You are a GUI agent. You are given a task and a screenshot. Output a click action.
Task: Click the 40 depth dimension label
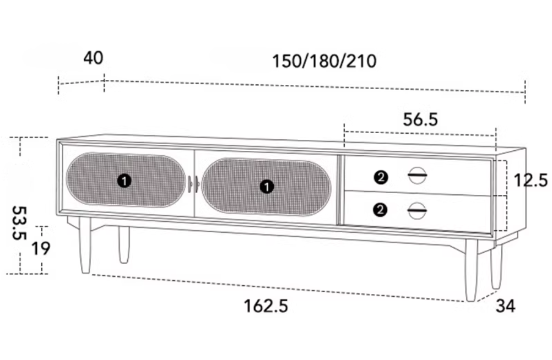pyautogui.click(x=93, y=58)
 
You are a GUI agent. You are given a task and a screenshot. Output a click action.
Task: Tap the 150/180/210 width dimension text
pyautogui.click(x=324, y=61)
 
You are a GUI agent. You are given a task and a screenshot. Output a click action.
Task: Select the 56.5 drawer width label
pyautogui.click(x=420, y=119)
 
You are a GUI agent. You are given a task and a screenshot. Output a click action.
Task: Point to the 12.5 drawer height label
pyautogui.click(x=531, y=180)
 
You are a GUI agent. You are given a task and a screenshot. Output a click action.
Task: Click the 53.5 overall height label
pyautogui.click(x=19, y=223)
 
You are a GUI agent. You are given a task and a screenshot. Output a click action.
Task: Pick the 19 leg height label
pyautogui.click(x=41, y=248)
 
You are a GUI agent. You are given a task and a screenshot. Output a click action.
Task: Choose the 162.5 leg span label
pyautogui.click(x=266, y=306)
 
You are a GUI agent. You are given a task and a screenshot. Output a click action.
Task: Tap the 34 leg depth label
pyautogui.click(x=505, y=306)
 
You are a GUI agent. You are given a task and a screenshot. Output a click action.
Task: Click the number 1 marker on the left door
pyautogui.click(x=124, y=181)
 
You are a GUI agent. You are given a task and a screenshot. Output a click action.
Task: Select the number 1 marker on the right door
pyautogui.click(x=267, y=187)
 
